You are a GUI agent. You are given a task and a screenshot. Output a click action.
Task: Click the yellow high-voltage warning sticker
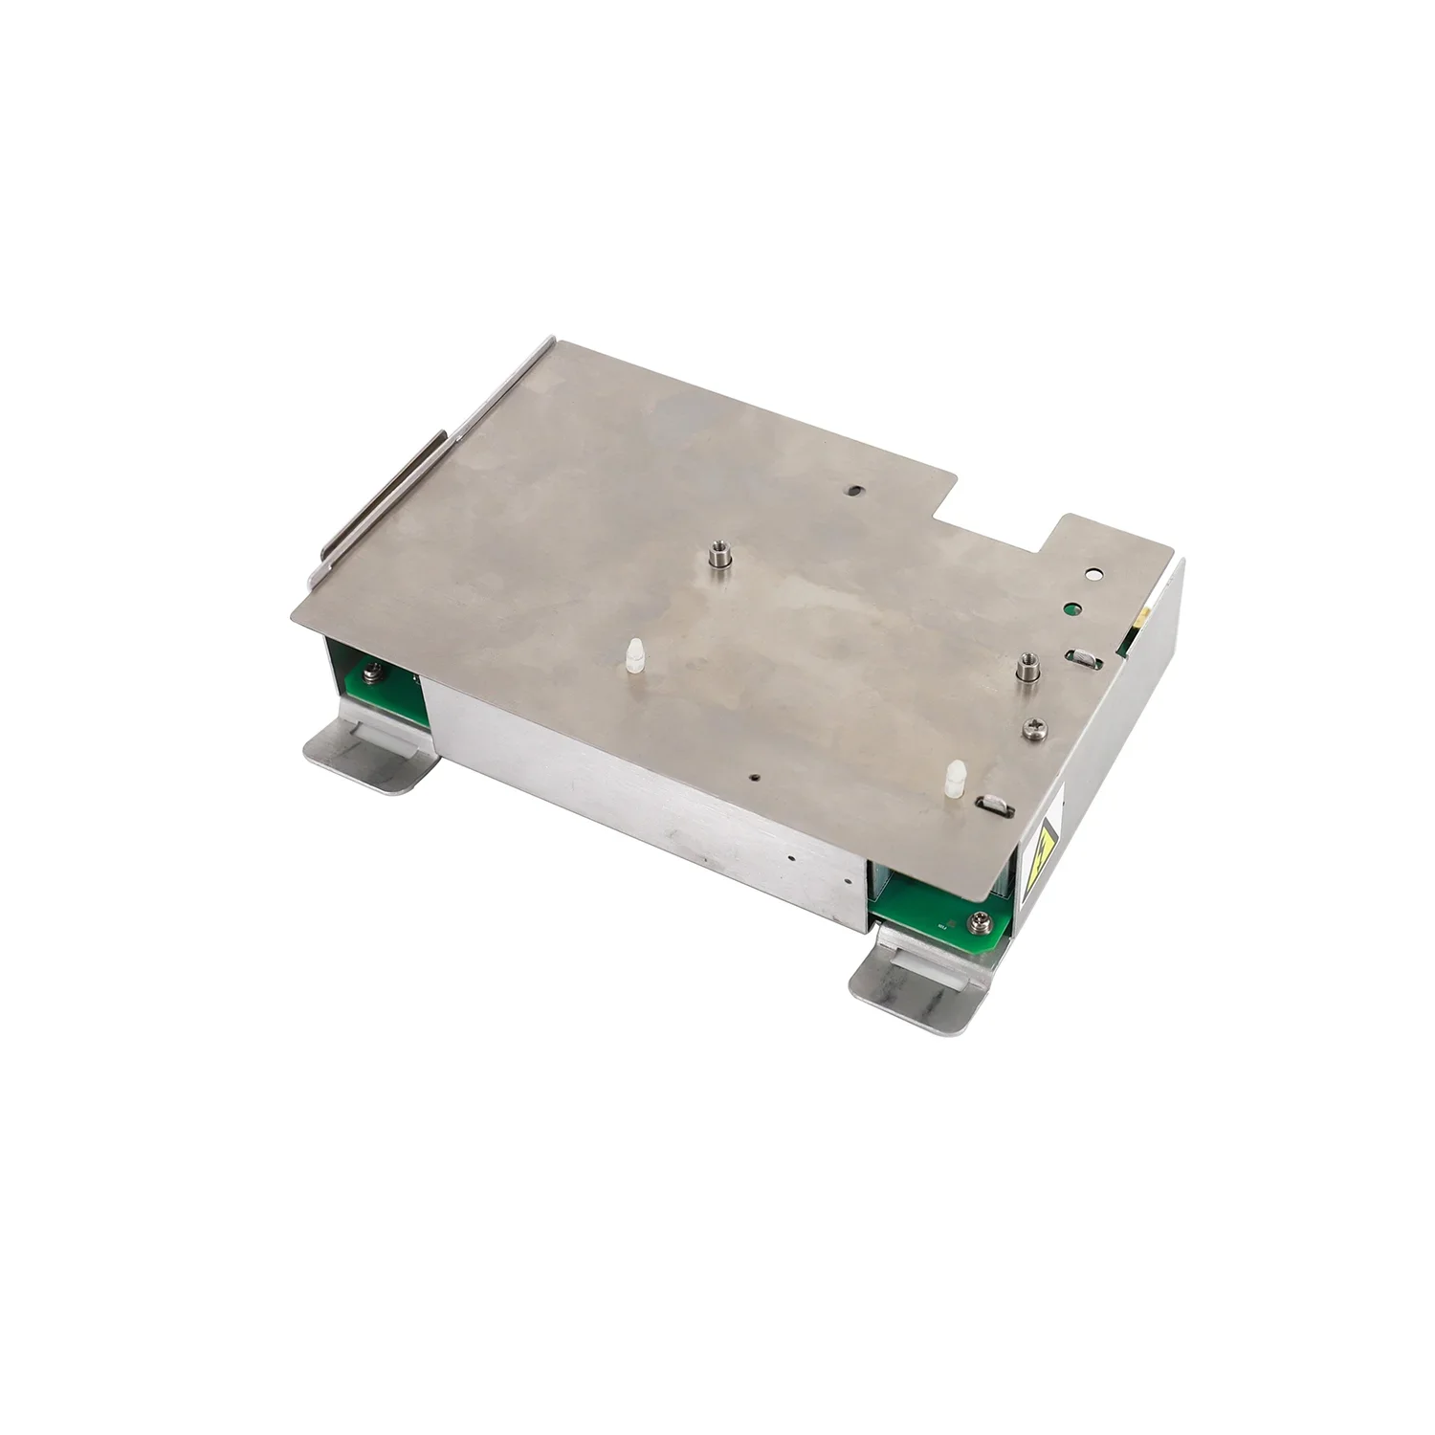1045,845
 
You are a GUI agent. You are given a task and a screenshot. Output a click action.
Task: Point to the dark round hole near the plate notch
853,489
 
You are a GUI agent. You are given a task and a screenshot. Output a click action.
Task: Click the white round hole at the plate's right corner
1094,576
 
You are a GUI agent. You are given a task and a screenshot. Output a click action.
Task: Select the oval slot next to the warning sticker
989,806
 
